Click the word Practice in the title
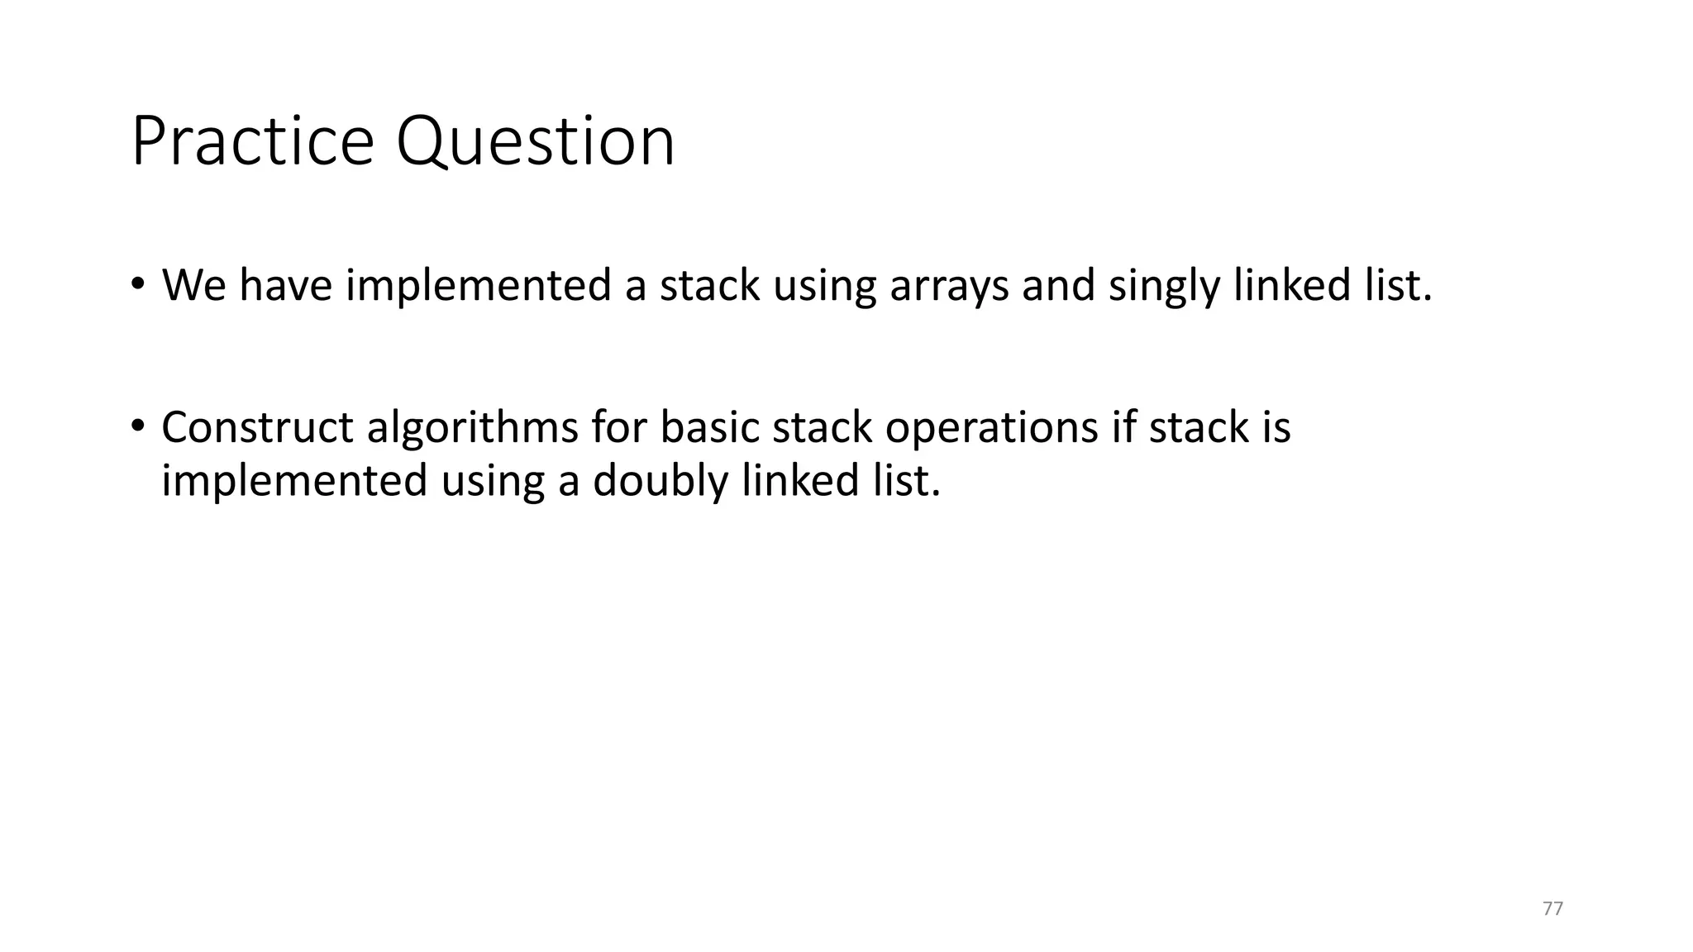(252, 141)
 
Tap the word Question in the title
(535, 141)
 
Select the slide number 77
(1552, 909)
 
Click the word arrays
(949, 286)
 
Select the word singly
(1164, 286)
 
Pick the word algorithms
(472, 428)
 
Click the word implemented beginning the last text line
(293, 481)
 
